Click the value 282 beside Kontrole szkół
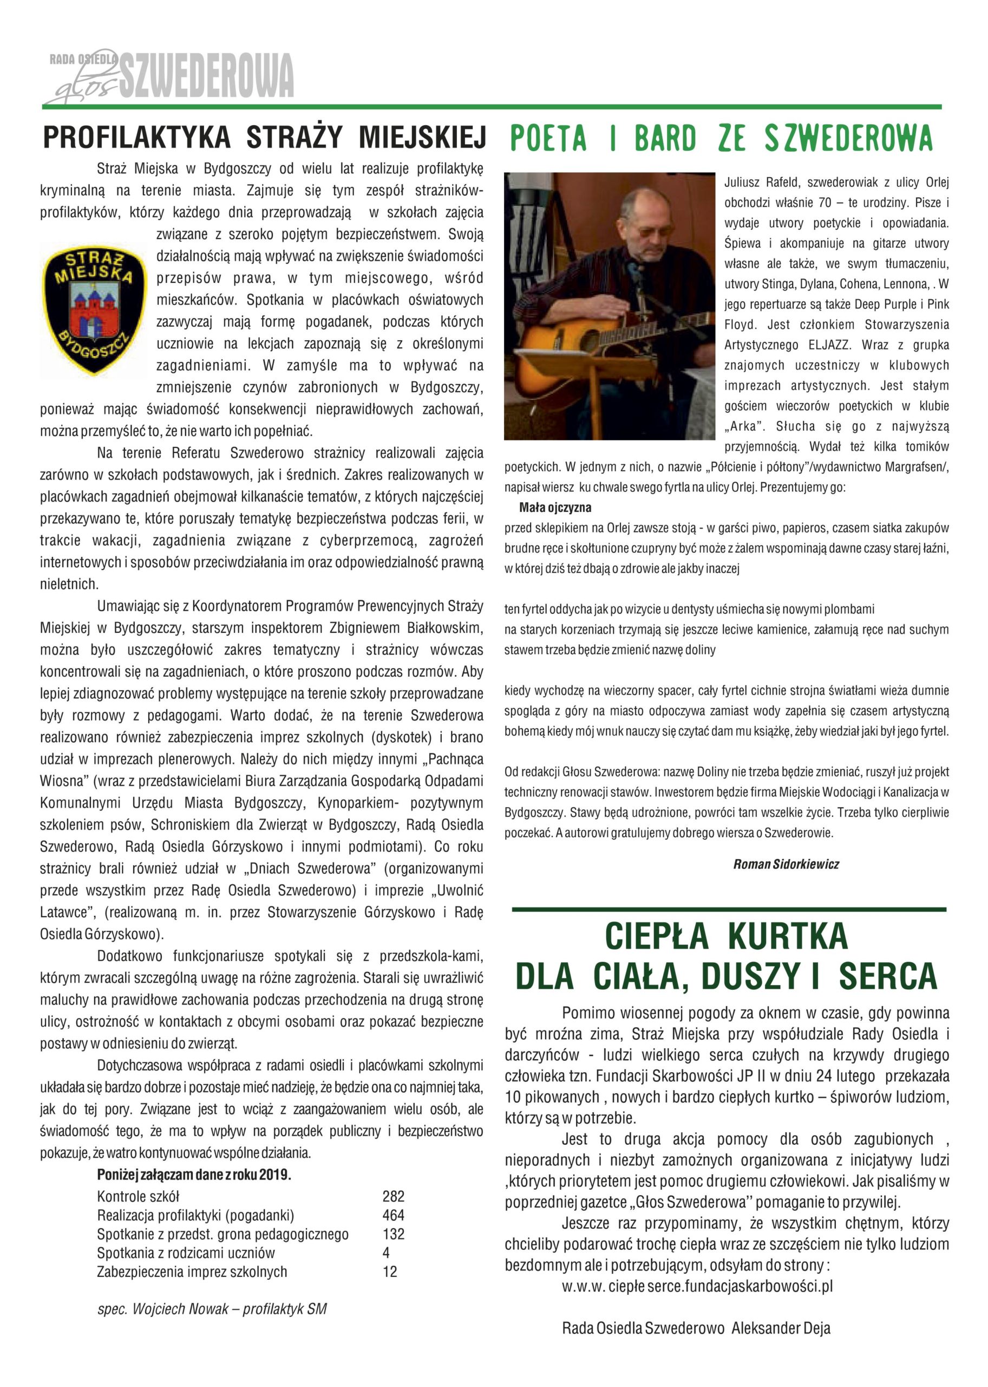393,1196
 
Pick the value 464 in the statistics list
393,1215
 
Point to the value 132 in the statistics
393,1234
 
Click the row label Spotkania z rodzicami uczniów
186,1253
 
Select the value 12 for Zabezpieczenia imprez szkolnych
389,1272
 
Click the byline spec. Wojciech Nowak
211,1309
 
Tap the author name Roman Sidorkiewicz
786,864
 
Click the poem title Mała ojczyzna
555,508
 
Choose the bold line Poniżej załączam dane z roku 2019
194,1175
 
